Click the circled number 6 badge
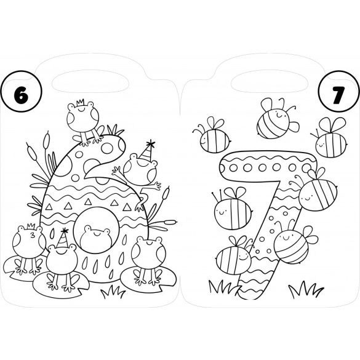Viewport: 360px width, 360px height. (x=22, y=91)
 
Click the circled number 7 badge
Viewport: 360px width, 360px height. (x=339, y=91)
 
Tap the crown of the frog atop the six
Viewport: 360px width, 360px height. (x=81, y=102)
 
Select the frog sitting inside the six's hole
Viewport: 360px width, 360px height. (x=95, y=237)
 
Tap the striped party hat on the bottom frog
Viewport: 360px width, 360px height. (x=62, y=238)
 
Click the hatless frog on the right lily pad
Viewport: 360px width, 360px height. (x=148, y=260)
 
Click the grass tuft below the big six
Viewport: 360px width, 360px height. (x=113, y=292)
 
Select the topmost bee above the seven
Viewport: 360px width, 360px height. (x=277, y=119)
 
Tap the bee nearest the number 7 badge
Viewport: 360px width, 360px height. (x=329, y=138)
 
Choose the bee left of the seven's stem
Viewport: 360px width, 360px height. (x=233, y=209)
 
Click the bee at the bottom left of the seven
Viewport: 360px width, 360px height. (x=234, y=254)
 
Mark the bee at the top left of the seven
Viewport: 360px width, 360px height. (x=212, y=135)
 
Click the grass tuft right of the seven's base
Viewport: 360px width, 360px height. (x=306, y=289)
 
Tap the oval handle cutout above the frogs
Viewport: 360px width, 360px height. (x=90, y=82)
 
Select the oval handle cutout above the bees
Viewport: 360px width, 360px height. (x=270, y=82)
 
